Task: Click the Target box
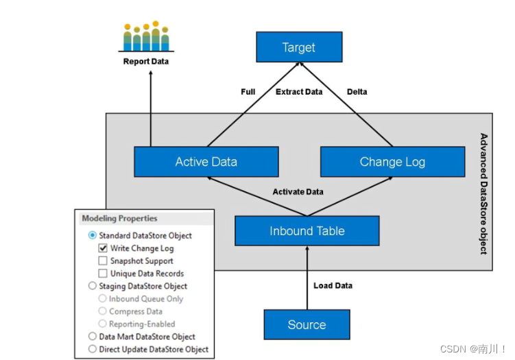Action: [298, 47]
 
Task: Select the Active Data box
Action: [206, 162]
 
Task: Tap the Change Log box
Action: [392, 162]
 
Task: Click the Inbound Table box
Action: [307, 231]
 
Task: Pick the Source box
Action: [307, 324]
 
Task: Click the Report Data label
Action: [145, 62]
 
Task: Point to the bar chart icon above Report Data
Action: [145, 37]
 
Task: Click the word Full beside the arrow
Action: [248, 92]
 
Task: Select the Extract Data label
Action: [299, 92]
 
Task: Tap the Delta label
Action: [357, 92]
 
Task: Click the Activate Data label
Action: [298, 192]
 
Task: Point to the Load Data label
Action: [333, 285]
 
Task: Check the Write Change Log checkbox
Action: [103, 248]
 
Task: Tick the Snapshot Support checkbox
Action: [103, 261]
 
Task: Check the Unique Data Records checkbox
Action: [103, 274]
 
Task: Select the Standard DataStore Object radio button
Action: [93, 235]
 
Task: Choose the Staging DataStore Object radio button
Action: [93, 286]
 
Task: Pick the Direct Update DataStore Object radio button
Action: [93, 349]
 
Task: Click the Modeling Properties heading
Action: [119, 219]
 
